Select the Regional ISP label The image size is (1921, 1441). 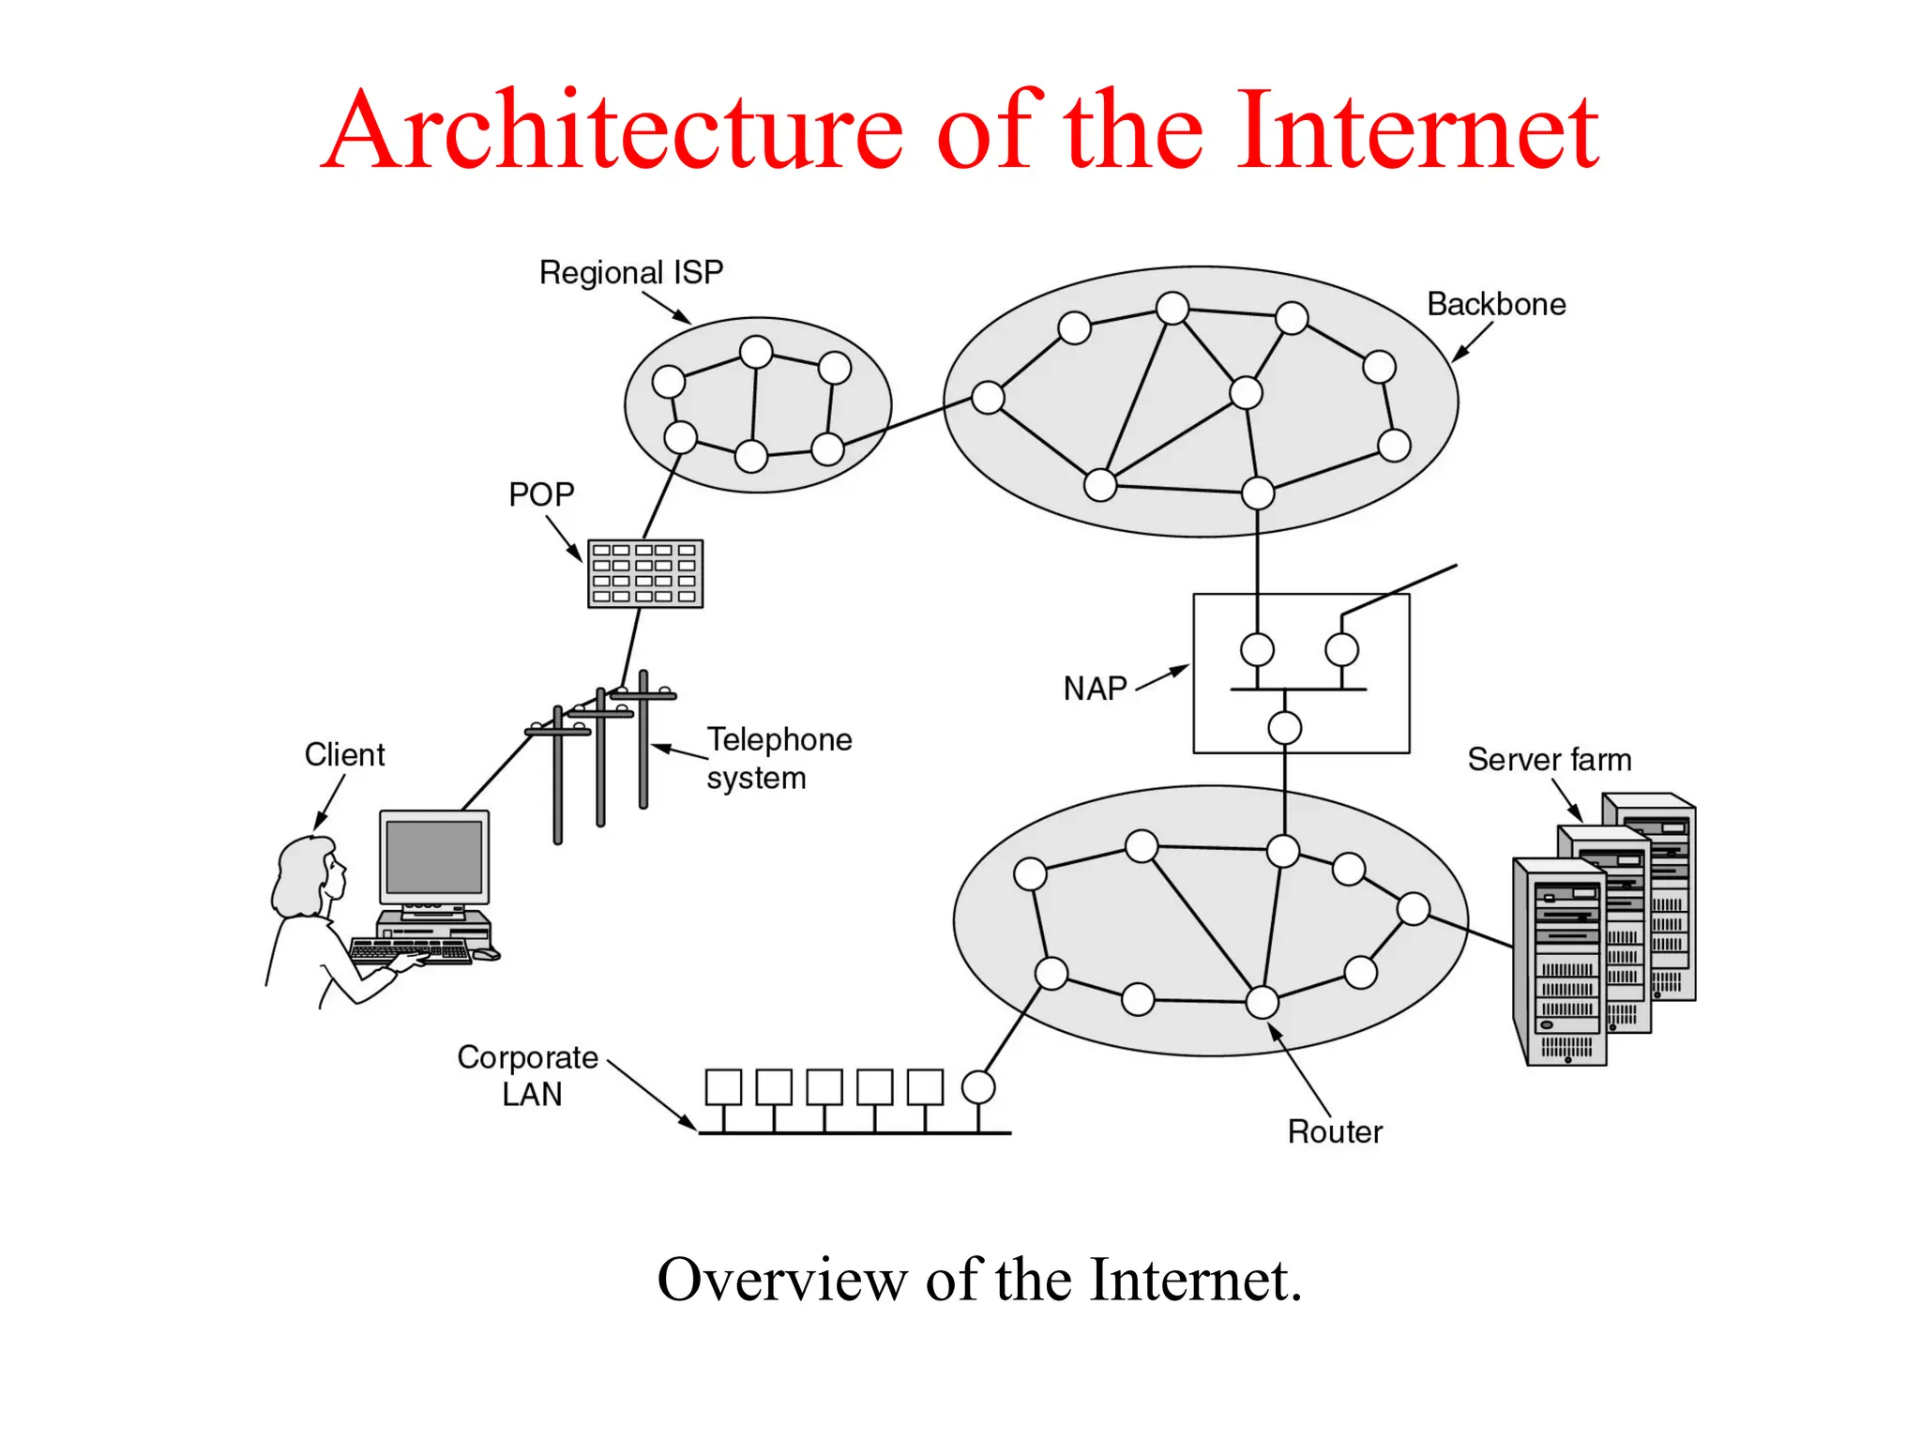click(630, 272)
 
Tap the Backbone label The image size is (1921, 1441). click(1496, 304)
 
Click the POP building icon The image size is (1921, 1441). click(645, 573)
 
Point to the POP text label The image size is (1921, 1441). click(541, 494)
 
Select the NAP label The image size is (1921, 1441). click(1095, 689)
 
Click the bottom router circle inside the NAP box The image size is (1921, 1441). click(1284, 727)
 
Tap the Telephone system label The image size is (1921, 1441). click(779, 758)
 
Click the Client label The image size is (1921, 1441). click(344, 754)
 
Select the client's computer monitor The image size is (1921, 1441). click(434, 857)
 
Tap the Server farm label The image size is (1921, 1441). click(1549, 759)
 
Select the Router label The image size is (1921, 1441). click(1335, 1131)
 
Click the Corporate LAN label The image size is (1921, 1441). click(527, 1075)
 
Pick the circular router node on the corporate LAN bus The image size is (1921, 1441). click(978, 1087)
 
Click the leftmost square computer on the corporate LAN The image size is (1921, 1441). click(723, 1087)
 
